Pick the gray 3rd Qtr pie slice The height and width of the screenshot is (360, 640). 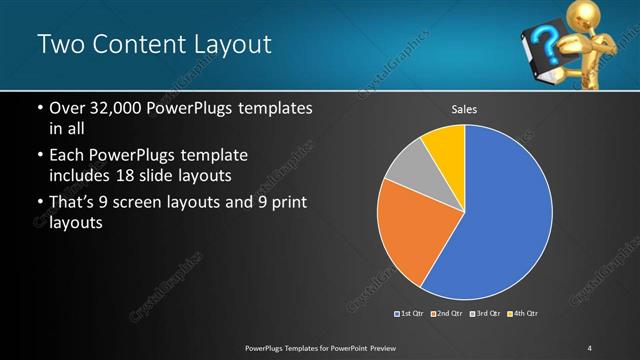click(408, 174)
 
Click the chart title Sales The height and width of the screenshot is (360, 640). click(465, 110)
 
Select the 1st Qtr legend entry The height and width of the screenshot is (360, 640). click(410, 314)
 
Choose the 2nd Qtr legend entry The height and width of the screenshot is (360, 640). click(447, 314)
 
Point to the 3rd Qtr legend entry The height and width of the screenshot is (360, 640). click(486, 314)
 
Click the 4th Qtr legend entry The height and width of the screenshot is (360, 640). click(523, 314)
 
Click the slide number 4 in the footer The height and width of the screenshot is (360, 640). click(589, 347)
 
